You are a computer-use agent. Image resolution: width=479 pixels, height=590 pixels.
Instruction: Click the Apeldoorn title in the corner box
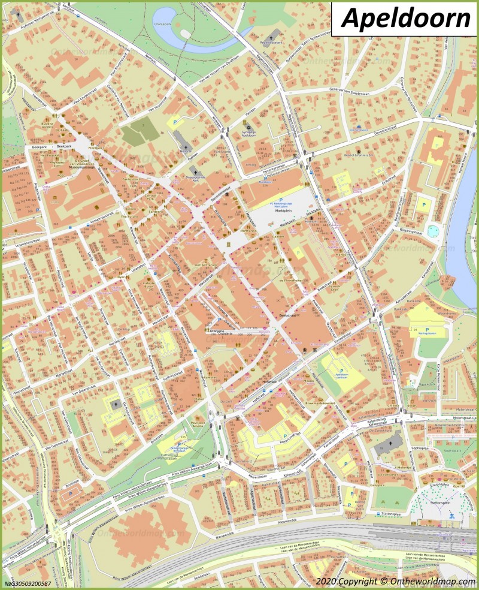click(406, 19)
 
